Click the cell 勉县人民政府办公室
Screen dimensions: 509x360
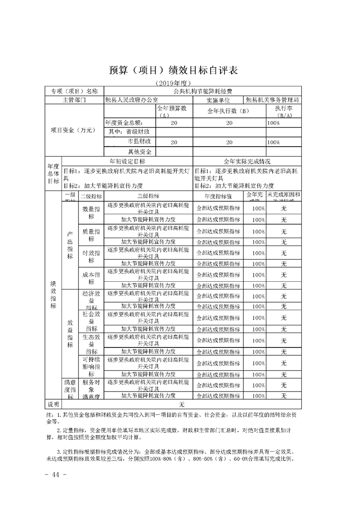(x=132, y=99)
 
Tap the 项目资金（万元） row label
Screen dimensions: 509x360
(x=75, y=130)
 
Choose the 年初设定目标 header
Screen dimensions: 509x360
(x=128, y=161)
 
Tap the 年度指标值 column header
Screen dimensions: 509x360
(x=218, y=196)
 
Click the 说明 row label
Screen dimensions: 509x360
(x=54, y=404)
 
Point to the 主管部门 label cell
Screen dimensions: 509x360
(x=75, y=99)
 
